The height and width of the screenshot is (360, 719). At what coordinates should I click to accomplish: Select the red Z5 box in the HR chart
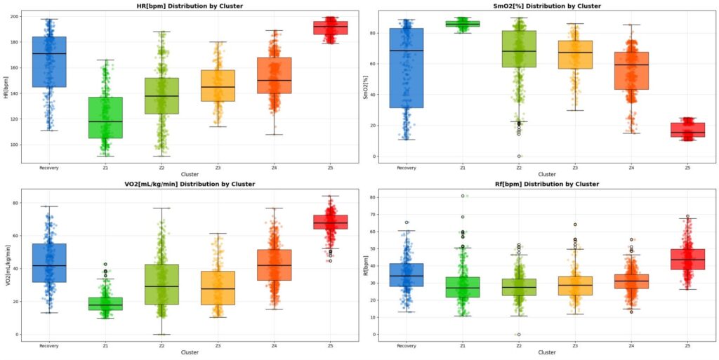330,28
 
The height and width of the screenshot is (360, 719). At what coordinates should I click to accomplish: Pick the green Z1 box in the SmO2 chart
463,24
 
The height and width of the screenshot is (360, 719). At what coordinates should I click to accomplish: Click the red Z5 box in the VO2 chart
330,222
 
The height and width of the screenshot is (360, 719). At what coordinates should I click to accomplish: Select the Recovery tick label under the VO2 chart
48,346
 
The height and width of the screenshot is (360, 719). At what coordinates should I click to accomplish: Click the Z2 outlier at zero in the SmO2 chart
519,156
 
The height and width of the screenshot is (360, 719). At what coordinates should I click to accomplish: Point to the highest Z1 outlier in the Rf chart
463,196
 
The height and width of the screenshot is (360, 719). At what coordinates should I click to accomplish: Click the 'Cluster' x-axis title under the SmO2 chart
547,174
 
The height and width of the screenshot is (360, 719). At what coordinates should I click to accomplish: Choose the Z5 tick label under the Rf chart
687,346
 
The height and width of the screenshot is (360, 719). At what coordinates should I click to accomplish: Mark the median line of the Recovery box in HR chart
49,54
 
